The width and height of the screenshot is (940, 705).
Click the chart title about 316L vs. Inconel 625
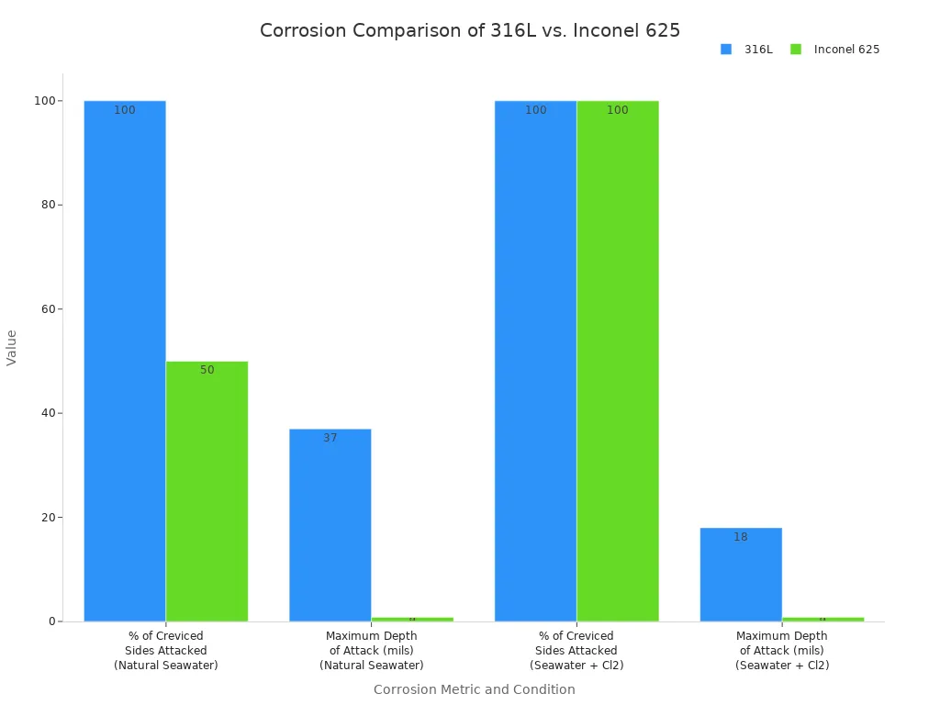pyautogui.click(x=470, y=30)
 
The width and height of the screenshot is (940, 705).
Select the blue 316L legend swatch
pyautogui.click(x=726, y=50)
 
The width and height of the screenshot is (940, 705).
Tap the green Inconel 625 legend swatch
pyautogui.click(x=795, y=50)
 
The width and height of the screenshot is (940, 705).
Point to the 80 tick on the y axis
pyautogui.click(x=44, y=205)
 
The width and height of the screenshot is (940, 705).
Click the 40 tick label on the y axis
pyautogui.click(x=44, y=413)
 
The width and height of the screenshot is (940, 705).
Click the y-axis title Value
pyautogui.click(x=12, y=348)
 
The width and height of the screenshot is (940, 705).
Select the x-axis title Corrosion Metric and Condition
pyautogui.click(x=474, y=689)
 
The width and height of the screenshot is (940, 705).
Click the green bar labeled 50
pyautogui.click(x=207, y=491)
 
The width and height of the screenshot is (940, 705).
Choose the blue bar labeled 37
pyautogui.click(x=330, y=525)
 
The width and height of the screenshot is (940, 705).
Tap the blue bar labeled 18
pyautogui.click(x=741, y=575)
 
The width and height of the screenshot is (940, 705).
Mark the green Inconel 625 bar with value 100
pyautogui.click(x=618, y=361)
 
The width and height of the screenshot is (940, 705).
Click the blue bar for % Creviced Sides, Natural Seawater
pyautogui.click(x=125, y=361)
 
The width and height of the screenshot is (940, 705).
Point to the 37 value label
pyautogui.click(x=330, y=439)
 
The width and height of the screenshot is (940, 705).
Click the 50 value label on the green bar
pyautogui.click(x=207, y=370)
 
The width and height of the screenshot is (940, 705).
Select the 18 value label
pyautogui.click(x=741, y=537)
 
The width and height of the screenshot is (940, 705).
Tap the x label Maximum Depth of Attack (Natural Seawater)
pyautogui.click(x=371, y=650)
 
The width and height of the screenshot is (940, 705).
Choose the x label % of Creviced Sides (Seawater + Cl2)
pyautogui.click(x=576, y=650)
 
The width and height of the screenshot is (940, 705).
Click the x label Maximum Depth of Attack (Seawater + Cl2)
pyautogui.click(x=782, y=650)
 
